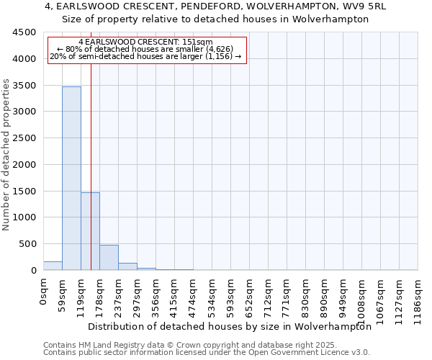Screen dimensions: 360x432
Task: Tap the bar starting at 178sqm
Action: [109, 258]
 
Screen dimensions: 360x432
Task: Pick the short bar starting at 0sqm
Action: [53, 266]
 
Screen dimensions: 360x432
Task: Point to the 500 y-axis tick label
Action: [27, 244]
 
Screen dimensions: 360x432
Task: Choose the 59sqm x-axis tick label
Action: [62, 294]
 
